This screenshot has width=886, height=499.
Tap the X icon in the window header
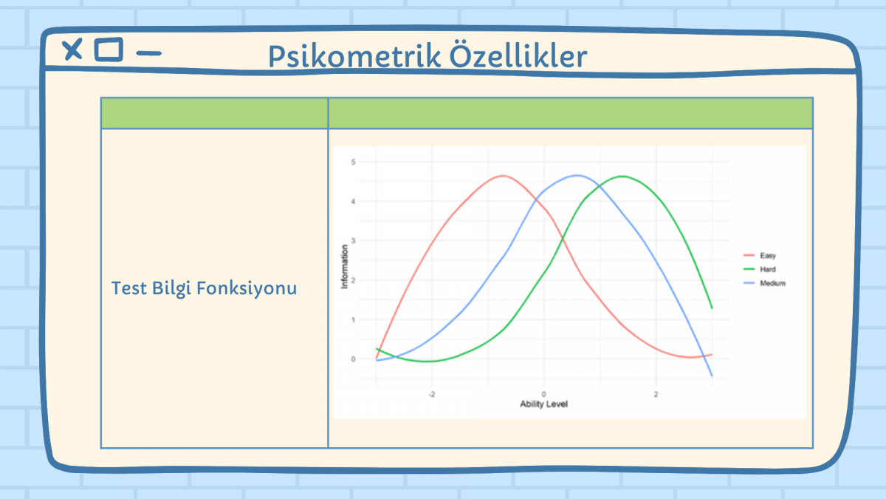[72, 50]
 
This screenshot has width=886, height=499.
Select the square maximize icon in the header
[109, 50]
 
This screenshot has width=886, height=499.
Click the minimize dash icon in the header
[148, 53]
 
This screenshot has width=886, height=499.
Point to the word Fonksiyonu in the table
[247, 288]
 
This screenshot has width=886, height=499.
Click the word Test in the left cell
[129, 288]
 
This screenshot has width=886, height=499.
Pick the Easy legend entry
[760, 256]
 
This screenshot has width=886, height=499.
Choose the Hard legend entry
[760, 269]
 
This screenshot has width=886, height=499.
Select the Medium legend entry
[765, 283]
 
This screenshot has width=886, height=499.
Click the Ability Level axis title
[543, 404]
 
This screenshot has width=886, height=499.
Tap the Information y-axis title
[344, 267]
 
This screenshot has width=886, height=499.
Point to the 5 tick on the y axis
[353, 162]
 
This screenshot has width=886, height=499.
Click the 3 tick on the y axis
[353, 241]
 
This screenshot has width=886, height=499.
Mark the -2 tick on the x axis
[431, 395]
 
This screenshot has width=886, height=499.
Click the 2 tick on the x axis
[656, 395]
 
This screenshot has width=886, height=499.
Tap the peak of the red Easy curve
[503, 176]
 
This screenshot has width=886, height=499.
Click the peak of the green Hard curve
[622, 177]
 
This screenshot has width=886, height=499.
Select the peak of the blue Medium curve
[577, 175]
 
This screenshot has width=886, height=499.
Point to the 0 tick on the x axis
[543, 395]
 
